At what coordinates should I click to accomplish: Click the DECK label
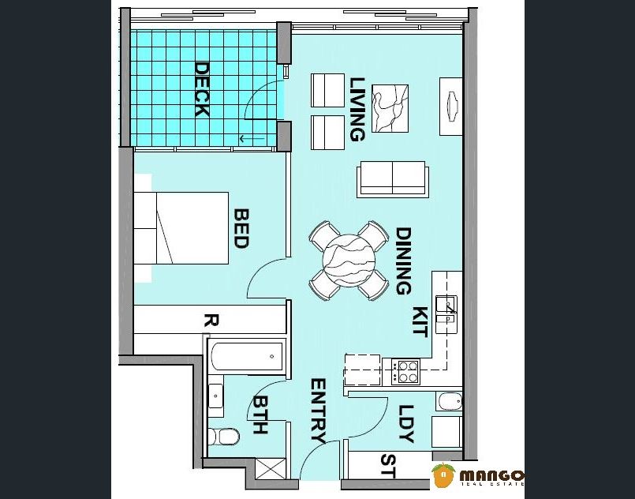pos(202,89)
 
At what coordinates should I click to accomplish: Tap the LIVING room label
pos(357,109)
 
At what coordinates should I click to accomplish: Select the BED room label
pos(241,228)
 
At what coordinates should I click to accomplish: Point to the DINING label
pos(403,261)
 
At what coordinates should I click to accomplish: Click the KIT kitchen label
pos(420,322)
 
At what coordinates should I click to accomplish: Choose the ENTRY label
pos(319,411)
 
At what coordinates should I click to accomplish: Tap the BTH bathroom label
pos(260,415)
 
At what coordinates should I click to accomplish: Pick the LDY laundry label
pos(406,424)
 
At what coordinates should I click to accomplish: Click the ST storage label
pos(388,466)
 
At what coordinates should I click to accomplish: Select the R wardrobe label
pos(211,321)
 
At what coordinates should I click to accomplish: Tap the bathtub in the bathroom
pos(247,356)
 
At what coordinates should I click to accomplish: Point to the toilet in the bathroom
pos(223,437)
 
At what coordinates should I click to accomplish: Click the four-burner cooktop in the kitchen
pos(406,372)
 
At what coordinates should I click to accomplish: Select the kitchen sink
pos(446,314)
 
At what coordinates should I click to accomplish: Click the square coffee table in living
pos(390,108)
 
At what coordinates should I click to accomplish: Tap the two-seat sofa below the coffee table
pos(392,179)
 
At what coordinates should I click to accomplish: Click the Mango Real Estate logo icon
pos(443,475)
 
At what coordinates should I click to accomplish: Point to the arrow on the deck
pos(252,139)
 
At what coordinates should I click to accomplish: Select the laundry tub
pos(449,401)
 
